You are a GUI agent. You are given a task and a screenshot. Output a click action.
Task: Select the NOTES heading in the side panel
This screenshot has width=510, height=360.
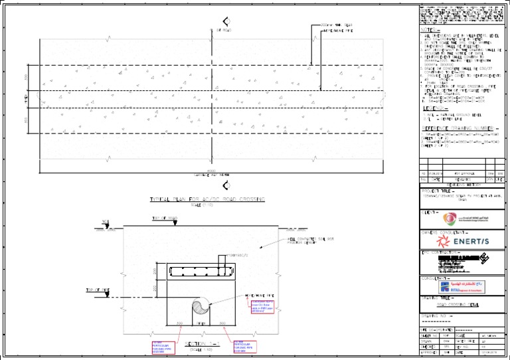point(428,30)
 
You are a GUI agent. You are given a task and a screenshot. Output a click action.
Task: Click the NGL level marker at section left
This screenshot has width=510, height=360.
point(105,224)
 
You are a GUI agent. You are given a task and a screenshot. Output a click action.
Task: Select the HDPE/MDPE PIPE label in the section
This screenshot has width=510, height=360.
point(260,296)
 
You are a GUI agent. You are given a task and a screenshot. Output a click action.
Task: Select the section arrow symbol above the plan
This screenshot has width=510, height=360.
point(226,21)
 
